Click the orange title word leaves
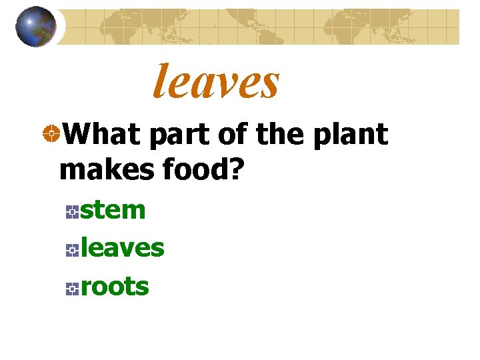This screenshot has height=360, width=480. pos(216,81)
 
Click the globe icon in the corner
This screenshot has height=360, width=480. pos(36,27)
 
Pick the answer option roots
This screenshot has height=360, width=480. pos(115,287)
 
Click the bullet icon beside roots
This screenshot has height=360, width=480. pos(73,289)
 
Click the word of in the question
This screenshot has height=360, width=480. pos(231,135)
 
